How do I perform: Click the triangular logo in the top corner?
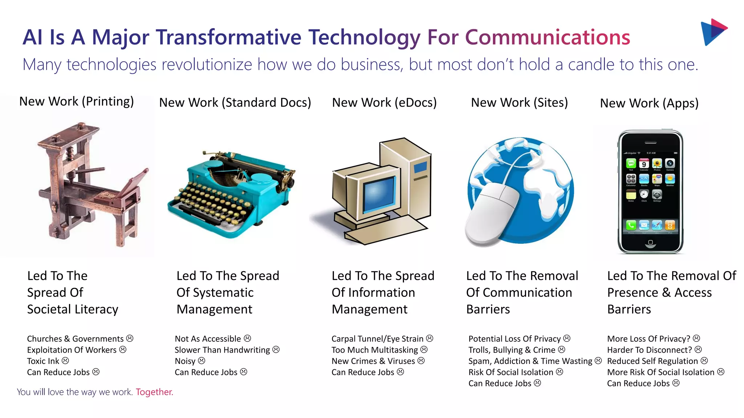[713, 32]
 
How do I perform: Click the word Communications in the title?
[547, 37]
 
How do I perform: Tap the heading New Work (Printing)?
[76, 101]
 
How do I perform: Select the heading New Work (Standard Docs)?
[235, 103]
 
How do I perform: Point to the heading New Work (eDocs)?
[384, 103]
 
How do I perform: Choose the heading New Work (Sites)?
[519, 103]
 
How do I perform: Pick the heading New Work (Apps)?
[649, 103]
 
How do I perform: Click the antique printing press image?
[91, 185]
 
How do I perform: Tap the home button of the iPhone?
[650, 242]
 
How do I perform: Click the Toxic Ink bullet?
[43, 361]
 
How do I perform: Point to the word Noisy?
[185, 361]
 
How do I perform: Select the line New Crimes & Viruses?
[373, 361]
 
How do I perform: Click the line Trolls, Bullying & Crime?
[511, 350]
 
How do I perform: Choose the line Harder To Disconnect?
[649, 350]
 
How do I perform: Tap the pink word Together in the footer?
[154, 392]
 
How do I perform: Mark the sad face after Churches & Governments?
[130, 338]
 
